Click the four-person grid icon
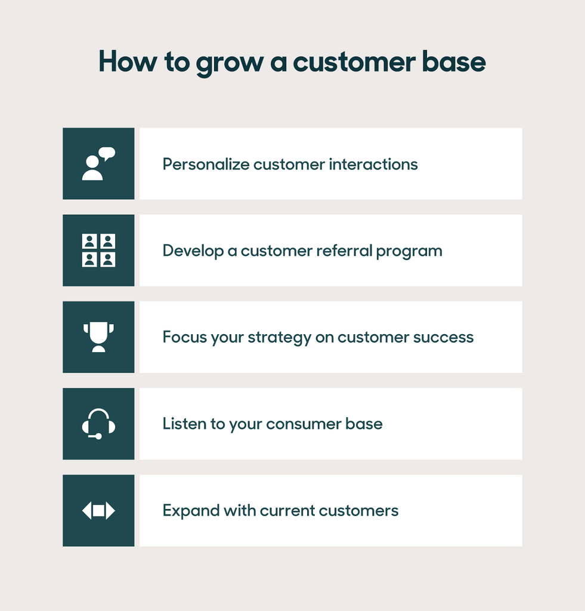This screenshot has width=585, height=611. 98,250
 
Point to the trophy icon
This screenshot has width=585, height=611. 98,337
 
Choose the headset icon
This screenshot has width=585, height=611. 98,424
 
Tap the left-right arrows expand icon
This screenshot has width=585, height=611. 98,511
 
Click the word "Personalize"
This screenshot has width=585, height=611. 206,164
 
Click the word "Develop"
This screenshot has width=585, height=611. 193,251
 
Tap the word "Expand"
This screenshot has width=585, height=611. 190,511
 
